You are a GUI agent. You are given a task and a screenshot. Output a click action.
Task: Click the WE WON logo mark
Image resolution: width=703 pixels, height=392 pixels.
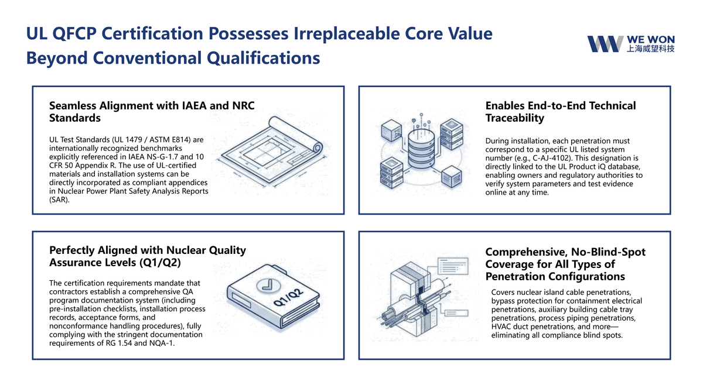click(x=605, y=44)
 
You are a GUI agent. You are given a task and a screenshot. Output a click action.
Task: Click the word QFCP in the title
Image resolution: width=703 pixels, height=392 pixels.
click(x=74, y=33)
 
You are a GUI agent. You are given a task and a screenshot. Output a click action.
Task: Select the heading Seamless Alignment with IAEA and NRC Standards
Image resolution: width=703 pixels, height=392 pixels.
click(x=152, y=112)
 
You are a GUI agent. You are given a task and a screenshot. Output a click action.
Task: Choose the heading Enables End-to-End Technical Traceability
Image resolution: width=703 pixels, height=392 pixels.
click(x=561, y=112)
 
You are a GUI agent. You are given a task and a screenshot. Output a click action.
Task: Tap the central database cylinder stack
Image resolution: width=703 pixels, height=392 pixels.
click(x=421, y=149)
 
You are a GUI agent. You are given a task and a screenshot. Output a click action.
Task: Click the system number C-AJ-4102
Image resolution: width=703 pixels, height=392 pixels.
click(x=551, y=158)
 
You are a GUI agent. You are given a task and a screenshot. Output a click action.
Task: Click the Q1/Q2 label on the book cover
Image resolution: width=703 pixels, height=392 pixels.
click(x=288, y=297)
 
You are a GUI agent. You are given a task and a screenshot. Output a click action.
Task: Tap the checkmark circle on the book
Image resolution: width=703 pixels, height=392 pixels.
click(x=269, y=286)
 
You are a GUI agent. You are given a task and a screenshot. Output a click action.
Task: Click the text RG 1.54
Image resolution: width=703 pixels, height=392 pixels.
click(x=118, y=343)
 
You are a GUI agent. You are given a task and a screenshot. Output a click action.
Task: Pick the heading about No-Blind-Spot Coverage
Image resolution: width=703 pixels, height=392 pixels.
click(x=565, y=264)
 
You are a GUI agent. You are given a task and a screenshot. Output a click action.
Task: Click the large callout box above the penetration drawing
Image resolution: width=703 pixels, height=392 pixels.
click(x=453, y=266)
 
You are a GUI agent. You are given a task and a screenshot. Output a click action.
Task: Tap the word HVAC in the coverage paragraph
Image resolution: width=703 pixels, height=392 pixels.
click(x=501, y=326)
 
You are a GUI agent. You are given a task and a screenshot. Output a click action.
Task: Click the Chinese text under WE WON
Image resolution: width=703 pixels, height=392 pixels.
click(x=650, y=49)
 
